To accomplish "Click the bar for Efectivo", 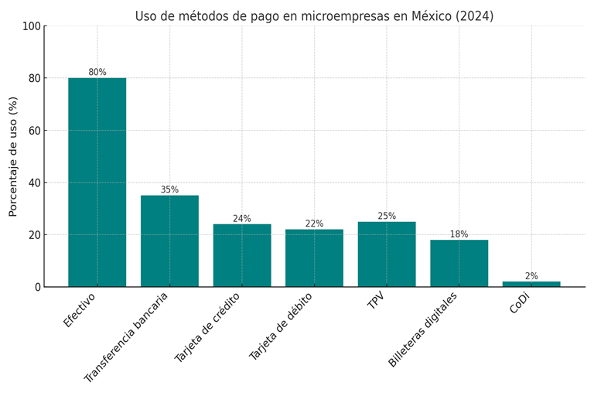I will coord(97,183).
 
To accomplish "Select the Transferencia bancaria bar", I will coord(169,241).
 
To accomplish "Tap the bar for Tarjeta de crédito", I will coord(242,255).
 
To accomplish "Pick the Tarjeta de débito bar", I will coord(314,258).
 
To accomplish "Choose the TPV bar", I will coord(387,254).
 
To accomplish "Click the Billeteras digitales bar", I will coord(459,263).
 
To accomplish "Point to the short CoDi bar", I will coord(531,284).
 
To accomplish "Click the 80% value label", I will coord(97,72).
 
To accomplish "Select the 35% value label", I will coord(169,189).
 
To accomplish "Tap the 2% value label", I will coord(531,276).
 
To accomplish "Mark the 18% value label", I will coord(459,234).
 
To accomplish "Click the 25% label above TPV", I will coord(387,216).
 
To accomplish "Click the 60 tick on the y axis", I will coord(34,131).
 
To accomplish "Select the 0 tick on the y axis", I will coord(37,287).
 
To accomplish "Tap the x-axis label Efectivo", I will coord(80,309).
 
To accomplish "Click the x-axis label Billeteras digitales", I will coord(423,329).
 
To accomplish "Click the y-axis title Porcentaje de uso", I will coord(13,156).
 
